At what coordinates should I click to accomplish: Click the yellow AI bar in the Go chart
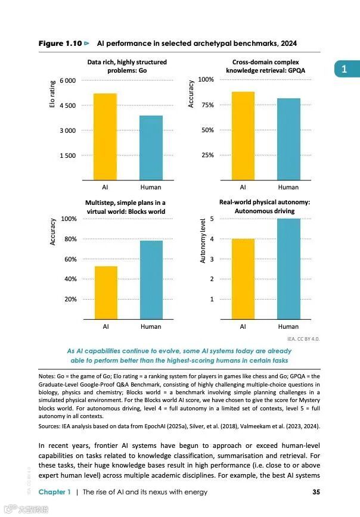point(105,136)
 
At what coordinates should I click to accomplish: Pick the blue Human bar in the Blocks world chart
point(150,279)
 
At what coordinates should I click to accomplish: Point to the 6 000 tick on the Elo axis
point(67,80)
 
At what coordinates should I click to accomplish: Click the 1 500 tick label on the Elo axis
point(67,155)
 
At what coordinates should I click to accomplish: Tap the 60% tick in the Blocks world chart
point(70,259)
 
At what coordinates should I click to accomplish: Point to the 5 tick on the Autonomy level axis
point(212,219)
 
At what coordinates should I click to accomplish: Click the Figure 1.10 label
point(60,43)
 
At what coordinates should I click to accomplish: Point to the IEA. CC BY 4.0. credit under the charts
point(304,338)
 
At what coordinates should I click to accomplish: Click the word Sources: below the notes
point(51,426)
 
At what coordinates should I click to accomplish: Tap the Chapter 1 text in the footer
point(55,491)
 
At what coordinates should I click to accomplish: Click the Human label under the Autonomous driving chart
point(288,326)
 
